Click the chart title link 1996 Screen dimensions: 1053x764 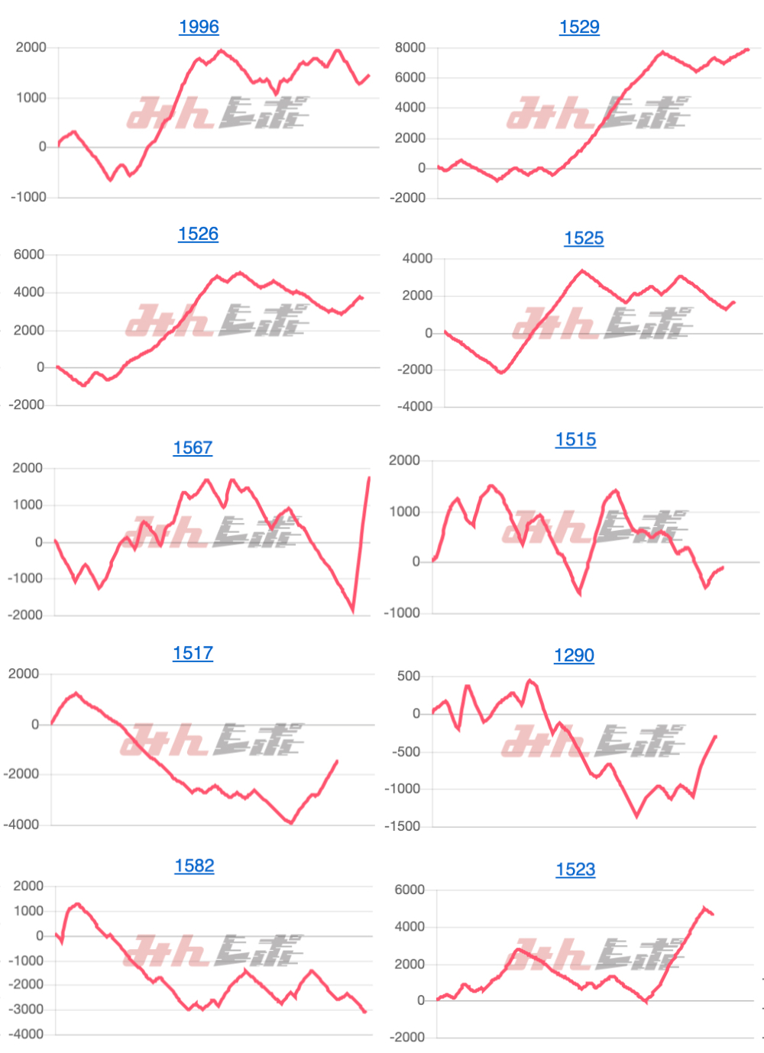click(199, 27)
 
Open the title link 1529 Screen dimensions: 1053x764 click(579, 27)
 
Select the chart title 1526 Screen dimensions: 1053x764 click(198, 234)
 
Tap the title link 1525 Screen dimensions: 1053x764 click(584, 238)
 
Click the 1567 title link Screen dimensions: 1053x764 click(193, 447)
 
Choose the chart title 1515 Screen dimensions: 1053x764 click(575, 440)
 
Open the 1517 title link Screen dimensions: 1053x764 click(193, 653)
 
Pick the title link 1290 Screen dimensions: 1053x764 click(574, 655)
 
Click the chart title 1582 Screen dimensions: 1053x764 click(194, 865)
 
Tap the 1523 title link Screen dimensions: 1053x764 click(575, 869)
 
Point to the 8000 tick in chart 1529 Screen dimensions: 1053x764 click(410, 47)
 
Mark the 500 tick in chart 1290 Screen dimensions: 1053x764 click(409, 676)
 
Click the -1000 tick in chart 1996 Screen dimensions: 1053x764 click(28, 197)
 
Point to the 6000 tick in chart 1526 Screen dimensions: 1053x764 click(29, 254)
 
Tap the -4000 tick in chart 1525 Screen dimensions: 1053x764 click(415, 407)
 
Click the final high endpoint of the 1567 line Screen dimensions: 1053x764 click(369, 478)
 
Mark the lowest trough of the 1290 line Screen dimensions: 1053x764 click(637, 816)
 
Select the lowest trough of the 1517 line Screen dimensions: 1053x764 click(291, 822)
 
